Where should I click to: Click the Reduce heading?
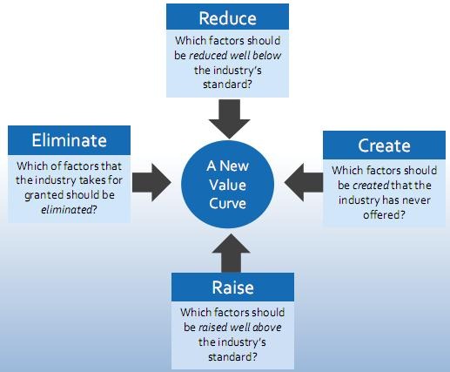[x=228, y=18]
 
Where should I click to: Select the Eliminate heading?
[x=69, y=140]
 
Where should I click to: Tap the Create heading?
[x=384, y=145]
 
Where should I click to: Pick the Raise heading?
[x=232, y=287]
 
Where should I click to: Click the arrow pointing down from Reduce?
[x=229, y=118]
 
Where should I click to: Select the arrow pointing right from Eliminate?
[x=151, y=183]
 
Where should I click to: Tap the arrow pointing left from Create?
[x=304, y=183]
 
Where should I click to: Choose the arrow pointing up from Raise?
[x=231, y=253]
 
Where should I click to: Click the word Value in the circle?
[x=228, y=185]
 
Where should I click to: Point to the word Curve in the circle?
[x=228, y=203]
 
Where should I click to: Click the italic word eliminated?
[x=66, y=210]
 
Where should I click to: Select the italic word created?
[x=371, y=186]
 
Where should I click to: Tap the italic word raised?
[x=214, y=328]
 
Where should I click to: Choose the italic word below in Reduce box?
[x=267, y=56]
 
